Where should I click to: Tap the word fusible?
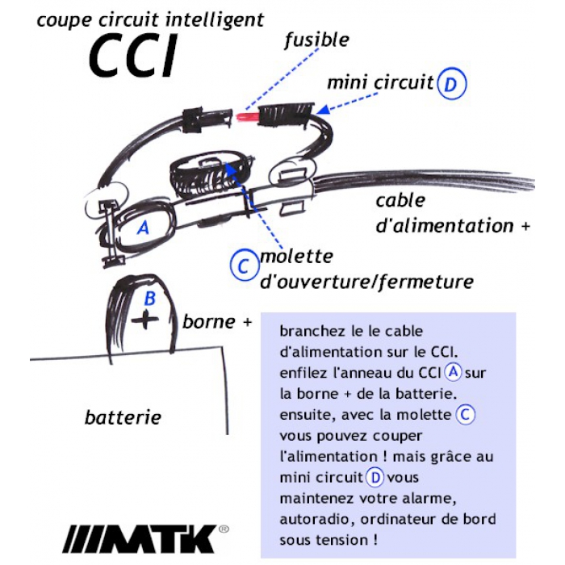tap(316, 40)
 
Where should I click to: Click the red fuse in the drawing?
tap(246, 117)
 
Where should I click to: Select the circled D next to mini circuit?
tap(451, 84)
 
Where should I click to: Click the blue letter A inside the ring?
tap(144, 228)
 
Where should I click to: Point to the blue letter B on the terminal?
tap(149, 298)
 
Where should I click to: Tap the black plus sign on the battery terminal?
tap(144, 319)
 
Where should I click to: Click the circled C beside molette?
tap(245, 266)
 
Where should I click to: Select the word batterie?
tap(123, 417)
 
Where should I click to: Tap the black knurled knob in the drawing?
tap(210, 177)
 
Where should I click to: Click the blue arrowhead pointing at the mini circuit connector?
tap(323, 109)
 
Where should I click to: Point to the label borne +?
tap(217, 321)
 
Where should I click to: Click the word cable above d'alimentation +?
tap(400, 201)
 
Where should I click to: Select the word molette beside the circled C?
tap(296, 257)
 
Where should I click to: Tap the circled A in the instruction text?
tap(453, 372)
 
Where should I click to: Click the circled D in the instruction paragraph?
tap(375, 478)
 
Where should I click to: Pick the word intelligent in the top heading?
tap(214, 20)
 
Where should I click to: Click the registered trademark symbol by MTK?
tap(224, 529)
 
